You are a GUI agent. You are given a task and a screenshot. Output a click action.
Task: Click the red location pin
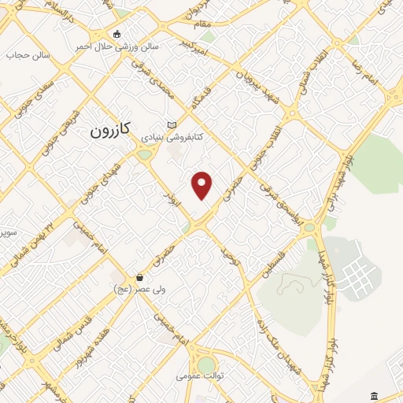[x=202, y=185]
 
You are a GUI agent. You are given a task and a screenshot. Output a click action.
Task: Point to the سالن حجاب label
[x=28, y=55]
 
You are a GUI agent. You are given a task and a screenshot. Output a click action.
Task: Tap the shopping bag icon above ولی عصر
[x=139, y=277]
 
